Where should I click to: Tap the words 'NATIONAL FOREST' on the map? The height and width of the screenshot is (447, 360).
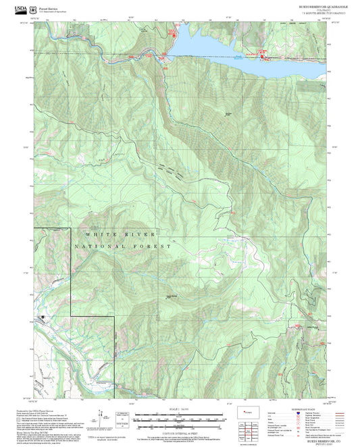point(126,247)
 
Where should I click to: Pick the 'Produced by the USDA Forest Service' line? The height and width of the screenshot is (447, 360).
point(34,410)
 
